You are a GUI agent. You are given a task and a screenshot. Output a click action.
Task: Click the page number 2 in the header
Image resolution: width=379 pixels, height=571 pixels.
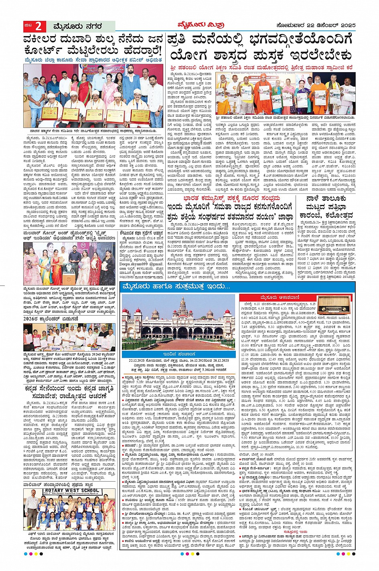coord(38,26)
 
